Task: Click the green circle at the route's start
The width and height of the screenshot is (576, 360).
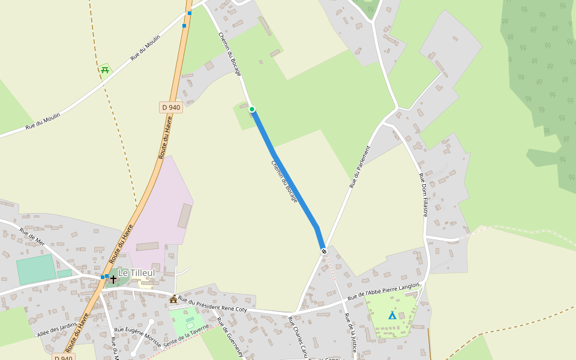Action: click(x=252, y=109)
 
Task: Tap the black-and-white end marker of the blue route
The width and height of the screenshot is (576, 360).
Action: click(x=323, y=251)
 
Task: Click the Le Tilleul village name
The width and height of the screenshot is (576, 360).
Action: click(x=136, y=273)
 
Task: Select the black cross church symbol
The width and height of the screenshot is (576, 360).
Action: click(x=113, y=279)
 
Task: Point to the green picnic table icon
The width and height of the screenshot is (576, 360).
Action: click(x=105, y=70)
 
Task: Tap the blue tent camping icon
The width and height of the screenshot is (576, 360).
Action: click(x=392, y=315)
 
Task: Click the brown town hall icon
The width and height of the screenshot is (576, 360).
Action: click(x=173, y=299)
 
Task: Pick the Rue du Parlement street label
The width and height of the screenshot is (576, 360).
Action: click(x=360, y=166)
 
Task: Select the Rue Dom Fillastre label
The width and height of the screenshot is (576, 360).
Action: click(x=423, y=195)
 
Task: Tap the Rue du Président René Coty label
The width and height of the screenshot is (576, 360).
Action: click(x=212, y=304)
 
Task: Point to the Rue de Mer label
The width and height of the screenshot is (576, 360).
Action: click(x=32, y=236)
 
